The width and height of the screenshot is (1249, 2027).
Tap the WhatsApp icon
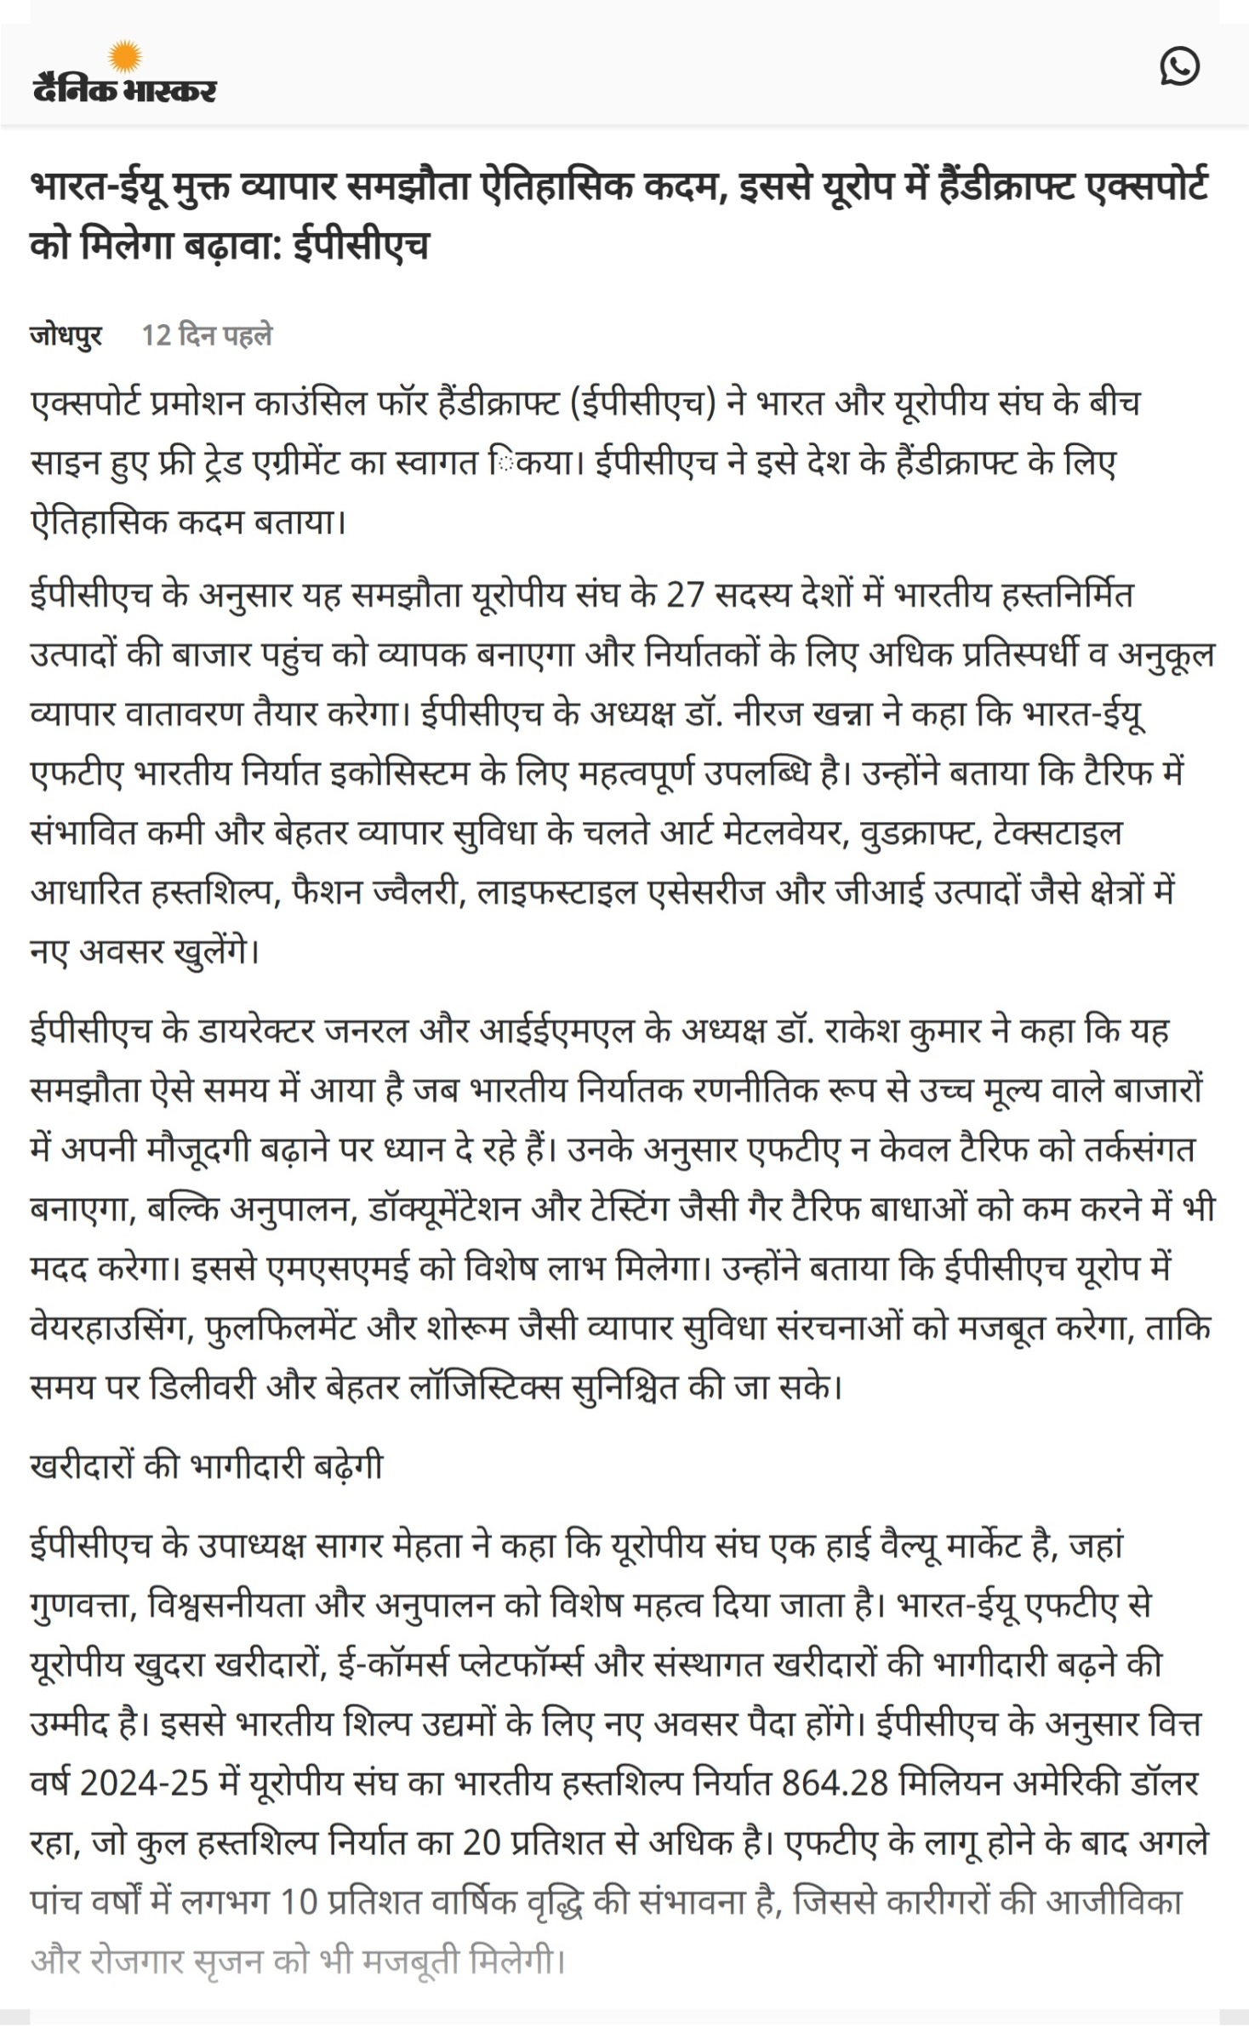click(x=1179, y=66)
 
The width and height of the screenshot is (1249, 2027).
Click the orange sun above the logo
click(x=125, y=56)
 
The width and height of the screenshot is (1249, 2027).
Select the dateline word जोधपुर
click(x=66, y=335)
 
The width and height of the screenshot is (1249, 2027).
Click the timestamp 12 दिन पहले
click(x=207, y=335)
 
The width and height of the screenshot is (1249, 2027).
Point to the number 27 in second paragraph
click(x=685, y=595)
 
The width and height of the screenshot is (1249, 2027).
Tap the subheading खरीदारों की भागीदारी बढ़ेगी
click(x=207, y=1465)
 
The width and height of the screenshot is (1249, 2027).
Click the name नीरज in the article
click(x=767, y=714)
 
